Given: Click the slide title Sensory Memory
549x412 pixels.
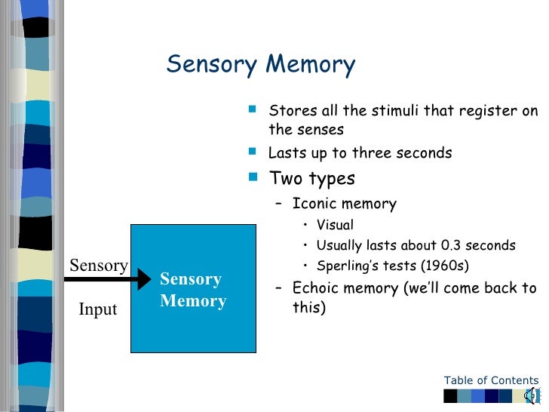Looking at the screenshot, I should click(x=260, y=65).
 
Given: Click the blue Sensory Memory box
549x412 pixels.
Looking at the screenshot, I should click(x=192, y=289).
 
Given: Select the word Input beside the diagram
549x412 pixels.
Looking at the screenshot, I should click(x=98, y=309).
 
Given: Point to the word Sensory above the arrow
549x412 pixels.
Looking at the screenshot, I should click(x=99, y=265).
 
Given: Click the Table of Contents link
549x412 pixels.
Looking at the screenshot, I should click(x=491, y=380).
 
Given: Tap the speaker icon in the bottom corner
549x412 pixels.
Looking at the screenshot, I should click(x=532, y=395).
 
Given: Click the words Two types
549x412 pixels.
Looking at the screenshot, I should click(x=312, y=179).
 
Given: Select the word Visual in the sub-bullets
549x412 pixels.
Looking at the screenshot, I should click(x=335, y=225).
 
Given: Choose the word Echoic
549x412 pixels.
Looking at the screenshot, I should click(x=314, y=287).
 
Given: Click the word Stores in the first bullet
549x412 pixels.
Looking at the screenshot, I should click(x=290, y=112).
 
